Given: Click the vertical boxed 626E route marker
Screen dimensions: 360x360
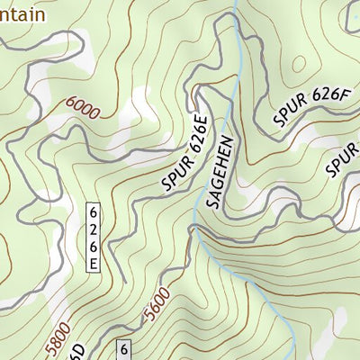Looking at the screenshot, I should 93,237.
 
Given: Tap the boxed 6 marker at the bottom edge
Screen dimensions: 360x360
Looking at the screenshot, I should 124,350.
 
